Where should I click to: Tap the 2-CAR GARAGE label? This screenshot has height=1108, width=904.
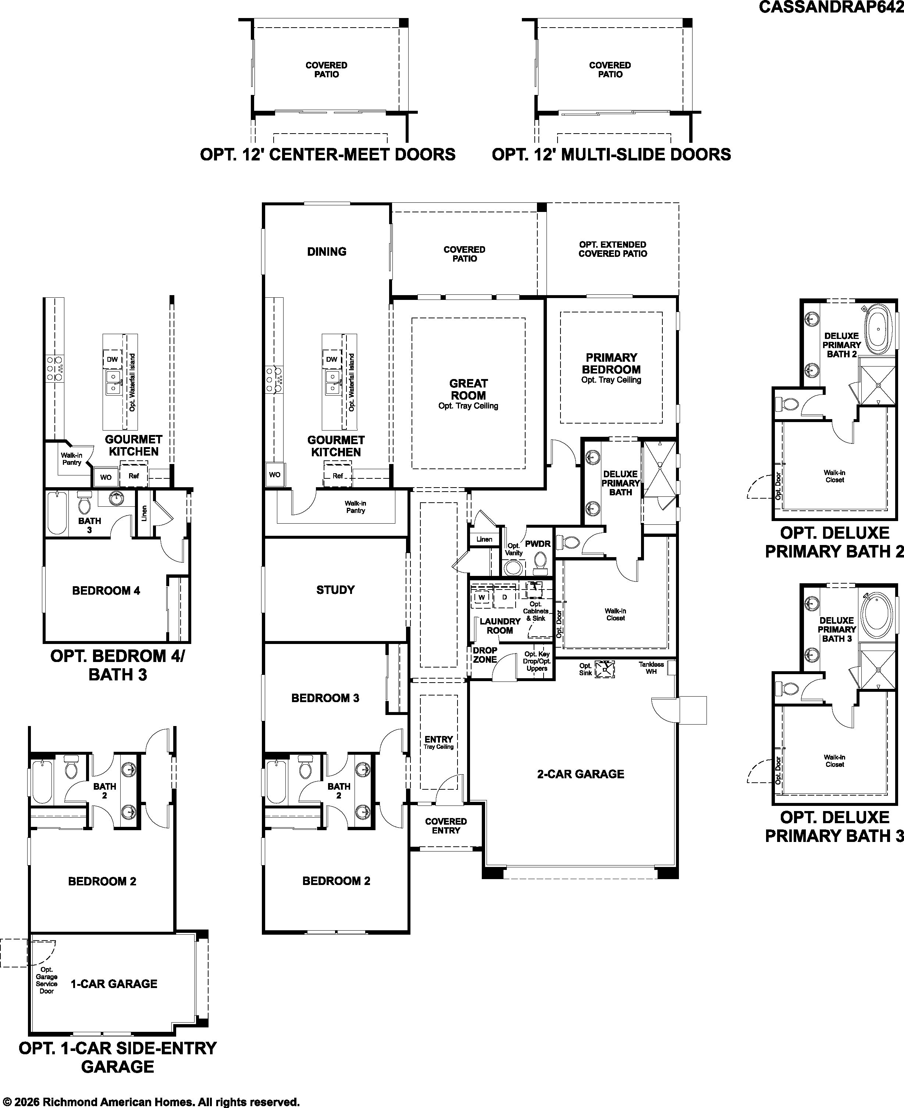[x=581, y=774]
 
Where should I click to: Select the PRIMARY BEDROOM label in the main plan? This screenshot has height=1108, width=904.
[x=611, y=364]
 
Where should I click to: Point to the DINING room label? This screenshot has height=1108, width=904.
[x=327, y=252]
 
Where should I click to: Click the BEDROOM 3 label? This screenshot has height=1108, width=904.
[x=325, y=698]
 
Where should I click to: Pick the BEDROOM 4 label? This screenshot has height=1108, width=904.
[x=106, y=591]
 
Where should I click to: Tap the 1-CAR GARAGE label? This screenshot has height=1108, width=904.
[x=114, y=984]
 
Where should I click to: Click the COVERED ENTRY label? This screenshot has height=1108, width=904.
[x=446, y=826]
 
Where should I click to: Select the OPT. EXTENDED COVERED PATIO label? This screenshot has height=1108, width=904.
[x=613, y=249]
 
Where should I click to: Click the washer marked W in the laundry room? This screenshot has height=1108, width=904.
[x=482, y=597]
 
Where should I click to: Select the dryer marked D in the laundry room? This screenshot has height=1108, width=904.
[x=505, y=597]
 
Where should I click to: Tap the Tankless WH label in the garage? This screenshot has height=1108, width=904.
[x=651, y=668]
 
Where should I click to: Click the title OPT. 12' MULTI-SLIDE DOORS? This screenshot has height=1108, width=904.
[x=611, y=155]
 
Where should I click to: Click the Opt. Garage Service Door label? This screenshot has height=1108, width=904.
[x=47, y=980]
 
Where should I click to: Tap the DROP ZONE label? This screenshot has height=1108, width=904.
[x=485, y=655]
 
